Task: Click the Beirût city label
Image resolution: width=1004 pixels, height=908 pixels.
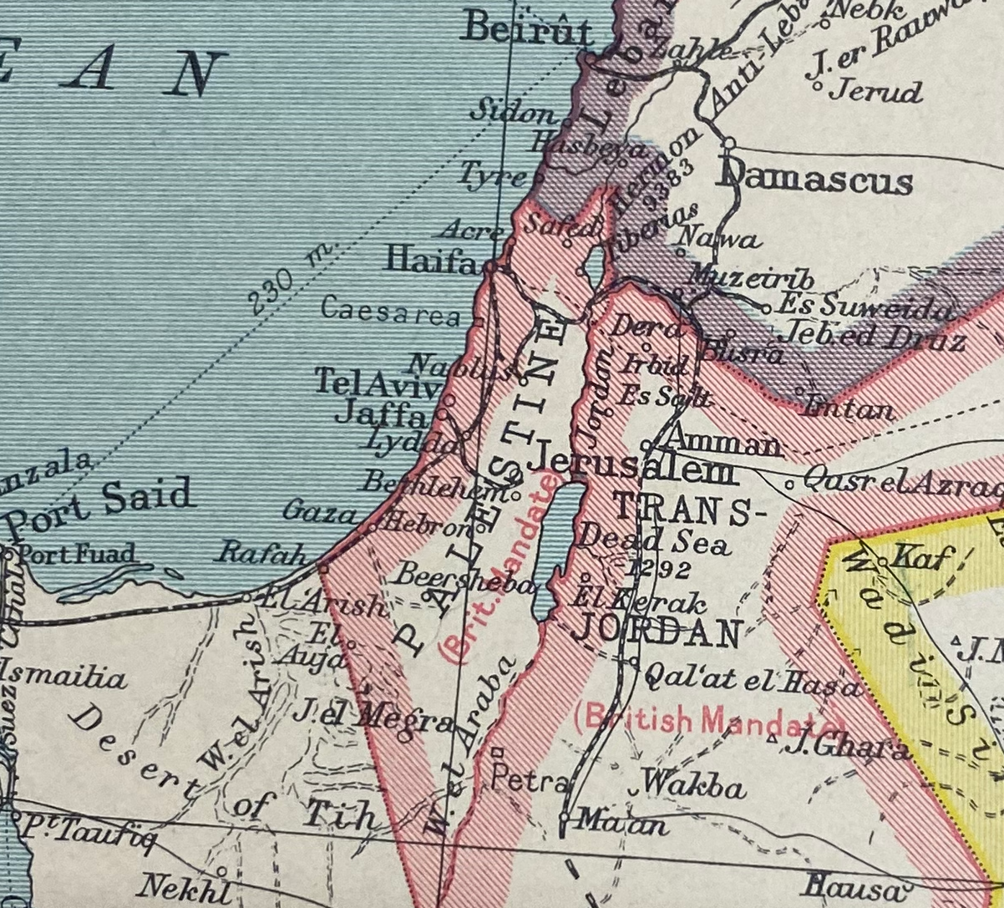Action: (x=527, y=30)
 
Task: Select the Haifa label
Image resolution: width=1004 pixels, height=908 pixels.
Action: (x=431, y=261)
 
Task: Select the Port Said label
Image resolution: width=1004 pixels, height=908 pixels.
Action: (x=100, y=504)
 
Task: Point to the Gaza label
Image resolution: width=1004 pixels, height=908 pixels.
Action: (x=319, y=511)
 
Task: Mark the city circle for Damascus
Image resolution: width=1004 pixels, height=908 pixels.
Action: (x=728, y=144)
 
